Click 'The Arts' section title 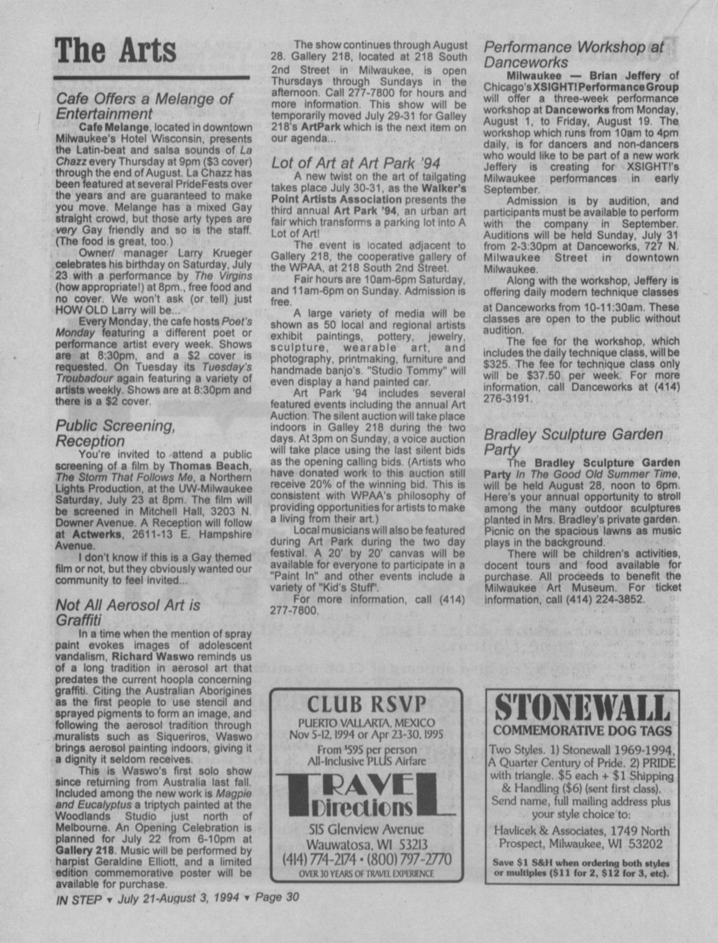point(116,50)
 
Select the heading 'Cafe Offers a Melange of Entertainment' point(144,106)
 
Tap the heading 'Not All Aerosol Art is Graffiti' point(127,612)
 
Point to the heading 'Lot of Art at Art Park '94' point(356,163)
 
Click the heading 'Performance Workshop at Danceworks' point(573,55)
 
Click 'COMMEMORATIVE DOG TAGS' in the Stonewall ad point(582,730)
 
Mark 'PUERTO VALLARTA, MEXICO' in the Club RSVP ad point(366,723)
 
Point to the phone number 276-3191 point(505,398)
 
